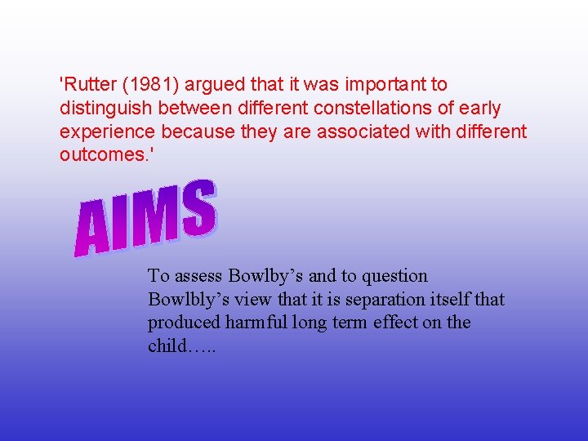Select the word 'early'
[x=479, y=108]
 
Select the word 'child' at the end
[x=167, y=345]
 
